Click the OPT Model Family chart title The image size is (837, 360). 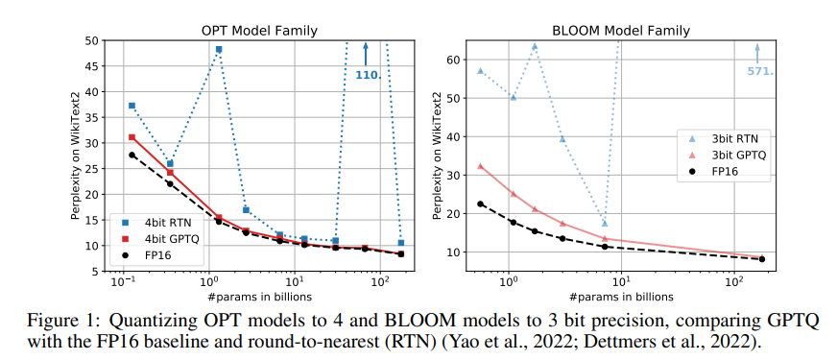coord(259,31)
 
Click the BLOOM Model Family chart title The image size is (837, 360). coord(621,31)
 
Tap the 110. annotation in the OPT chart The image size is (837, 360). coord(369,75)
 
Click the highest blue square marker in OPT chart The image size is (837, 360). coord(219,49)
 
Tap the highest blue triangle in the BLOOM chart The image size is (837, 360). coord(535,46)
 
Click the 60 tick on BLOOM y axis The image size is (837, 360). coord(455,60)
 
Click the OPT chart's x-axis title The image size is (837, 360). coord(259,296)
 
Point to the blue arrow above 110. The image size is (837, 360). coord(366,54)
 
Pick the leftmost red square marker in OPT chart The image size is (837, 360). coord(132,137)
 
